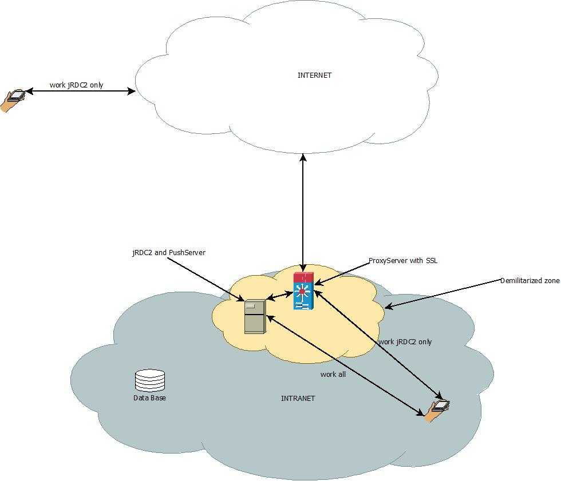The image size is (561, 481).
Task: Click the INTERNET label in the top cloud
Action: click(x=314, y=75)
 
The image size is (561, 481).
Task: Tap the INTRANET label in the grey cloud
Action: click(x=298, y=398)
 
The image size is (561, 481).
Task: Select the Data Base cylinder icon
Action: click(x=149, y=381)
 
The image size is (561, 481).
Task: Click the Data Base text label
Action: click(x=149, y=397)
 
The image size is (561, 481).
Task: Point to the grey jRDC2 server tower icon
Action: click(x=255, y=316)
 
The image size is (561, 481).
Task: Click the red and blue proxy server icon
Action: click(x=303, y=291)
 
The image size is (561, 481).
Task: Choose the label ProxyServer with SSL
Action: click(x=403, y=261)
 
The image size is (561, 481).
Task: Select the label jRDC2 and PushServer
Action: click(x=168, y=252)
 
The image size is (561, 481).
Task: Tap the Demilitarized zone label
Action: click(x=530, y=281)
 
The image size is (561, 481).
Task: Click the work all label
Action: click(x=333, y=375)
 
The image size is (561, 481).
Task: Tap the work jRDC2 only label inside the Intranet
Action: click(x=405, y=342)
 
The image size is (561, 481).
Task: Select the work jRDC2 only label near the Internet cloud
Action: click(x=76, y=85)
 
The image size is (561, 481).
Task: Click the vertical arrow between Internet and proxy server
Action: click(x=303, y=212)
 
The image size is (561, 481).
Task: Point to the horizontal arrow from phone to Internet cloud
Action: click(x=80, y=91)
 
